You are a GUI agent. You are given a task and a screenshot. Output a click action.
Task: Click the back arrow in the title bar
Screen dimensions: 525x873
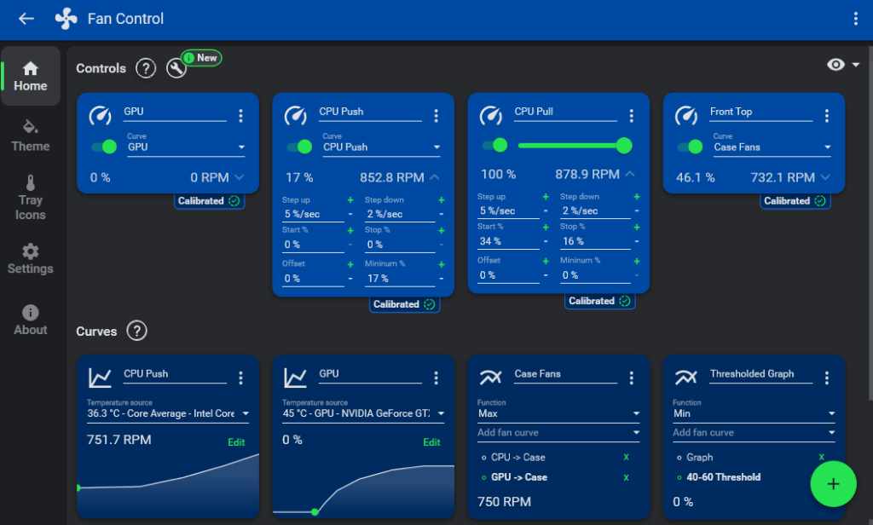26,19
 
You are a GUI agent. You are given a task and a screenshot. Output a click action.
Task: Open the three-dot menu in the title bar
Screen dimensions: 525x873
856,19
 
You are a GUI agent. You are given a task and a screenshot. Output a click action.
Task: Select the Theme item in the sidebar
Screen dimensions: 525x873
31,136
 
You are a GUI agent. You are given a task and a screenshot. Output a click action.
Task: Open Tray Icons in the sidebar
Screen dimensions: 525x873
31,197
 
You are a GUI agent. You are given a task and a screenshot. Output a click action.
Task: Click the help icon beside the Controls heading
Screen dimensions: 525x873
146,68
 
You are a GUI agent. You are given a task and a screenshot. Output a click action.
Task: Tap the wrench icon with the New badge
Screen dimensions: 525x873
176,68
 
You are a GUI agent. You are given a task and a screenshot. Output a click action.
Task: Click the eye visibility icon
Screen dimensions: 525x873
836,65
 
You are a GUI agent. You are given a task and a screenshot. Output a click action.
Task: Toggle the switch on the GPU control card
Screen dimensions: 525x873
104,147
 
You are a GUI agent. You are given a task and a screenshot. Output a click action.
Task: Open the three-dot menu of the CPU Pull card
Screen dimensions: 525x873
632,116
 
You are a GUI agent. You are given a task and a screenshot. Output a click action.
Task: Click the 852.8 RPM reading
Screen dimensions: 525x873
391,177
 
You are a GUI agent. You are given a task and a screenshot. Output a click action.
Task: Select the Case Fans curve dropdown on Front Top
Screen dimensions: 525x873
772,147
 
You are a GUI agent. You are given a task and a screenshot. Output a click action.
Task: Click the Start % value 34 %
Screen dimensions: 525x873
508,242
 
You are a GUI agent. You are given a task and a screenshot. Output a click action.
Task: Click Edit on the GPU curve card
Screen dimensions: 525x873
432,442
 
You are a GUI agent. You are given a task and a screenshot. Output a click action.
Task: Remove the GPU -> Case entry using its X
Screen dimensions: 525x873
626,477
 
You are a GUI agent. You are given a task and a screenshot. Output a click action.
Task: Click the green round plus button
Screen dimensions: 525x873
833,484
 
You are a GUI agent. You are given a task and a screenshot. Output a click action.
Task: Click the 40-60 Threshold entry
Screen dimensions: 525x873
723,477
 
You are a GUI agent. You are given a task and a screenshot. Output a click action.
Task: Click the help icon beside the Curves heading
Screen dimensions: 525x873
136,331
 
